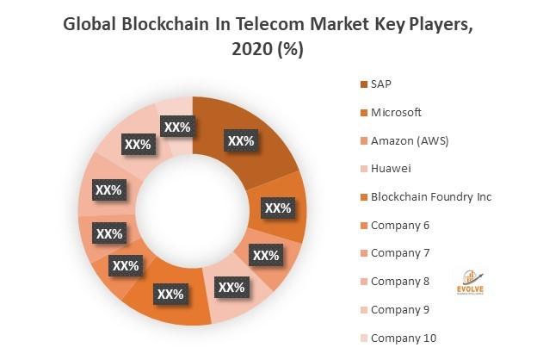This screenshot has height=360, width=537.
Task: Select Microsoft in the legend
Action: pyautogui.click(x=396, y=112)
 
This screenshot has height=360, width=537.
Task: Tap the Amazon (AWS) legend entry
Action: pyautogui.click(x=409, y=140)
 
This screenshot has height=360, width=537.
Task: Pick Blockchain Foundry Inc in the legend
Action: pyautogui.click(x=430, y=197)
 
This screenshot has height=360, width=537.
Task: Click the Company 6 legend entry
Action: pyautogui.click(x=399, y=225)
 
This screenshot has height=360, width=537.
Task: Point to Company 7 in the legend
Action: pyautogui.click(x=399, y=253)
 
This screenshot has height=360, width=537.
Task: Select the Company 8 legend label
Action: pyautogui.click(x=399, y=282)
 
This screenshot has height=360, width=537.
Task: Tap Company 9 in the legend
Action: pyautogui.click(x=399, y=309)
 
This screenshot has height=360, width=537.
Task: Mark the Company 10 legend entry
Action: pyautogui.click(x=402, y=338)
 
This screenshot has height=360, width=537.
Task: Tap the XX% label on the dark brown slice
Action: pyautogui.click(x=240, y=140)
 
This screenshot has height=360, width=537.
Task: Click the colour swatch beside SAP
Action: pyautogui.click(x=363, y=84)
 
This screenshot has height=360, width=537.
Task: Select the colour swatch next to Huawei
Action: pyautogui.click(x=363, y=169)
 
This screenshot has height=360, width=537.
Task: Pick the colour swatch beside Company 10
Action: pyautogui.click(x=363, y=338)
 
